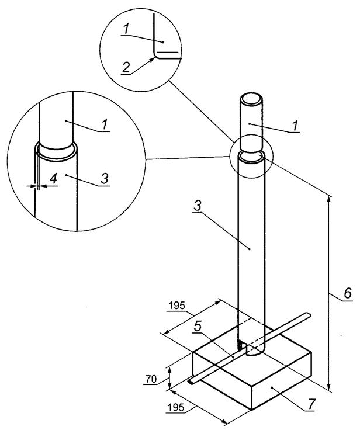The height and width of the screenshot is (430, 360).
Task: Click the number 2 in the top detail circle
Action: (x=126, y=67)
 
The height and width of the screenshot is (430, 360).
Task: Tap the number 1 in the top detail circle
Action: (x=126, y=29)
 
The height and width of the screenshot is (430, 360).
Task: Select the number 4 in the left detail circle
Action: (x=53, y=179)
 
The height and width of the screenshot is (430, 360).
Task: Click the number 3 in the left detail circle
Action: (x=105, y=179)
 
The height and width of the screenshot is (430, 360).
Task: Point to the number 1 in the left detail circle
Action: (x=105, y=125)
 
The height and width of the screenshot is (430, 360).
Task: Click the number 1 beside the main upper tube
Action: (x=295, y=126)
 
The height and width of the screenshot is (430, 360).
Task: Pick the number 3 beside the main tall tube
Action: (x=198, y=206)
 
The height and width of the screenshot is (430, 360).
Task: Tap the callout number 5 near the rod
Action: (x=198, y=326)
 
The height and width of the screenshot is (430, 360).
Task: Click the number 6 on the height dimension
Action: (x=347, y=293)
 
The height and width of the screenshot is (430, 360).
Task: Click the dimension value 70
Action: (x=151, y=380)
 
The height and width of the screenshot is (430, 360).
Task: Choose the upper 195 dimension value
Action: (x=177, y=306)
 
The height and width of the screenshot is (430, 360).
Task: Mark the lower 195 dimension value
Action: (x=175, y=408)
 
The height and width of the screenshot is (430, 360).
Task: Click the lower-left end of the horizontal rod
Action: (x=191, y=382)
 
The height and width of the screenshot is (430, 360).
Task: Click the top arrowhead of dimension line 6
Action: (x=329, y=198)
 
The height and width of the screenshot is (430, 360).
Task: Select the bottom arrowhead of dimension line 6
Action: (x=329, y=387)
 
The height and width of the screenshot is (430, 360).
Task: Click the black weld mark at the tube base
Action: (x=240, y=345)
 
